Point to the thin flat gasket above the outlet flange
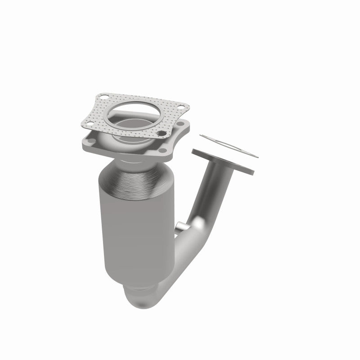click(x=229, y=146)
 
